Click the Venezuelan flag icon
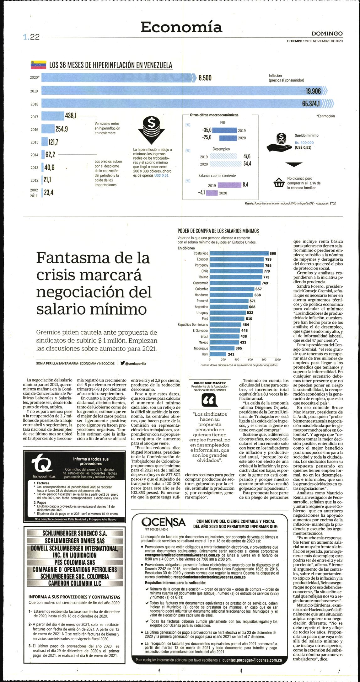tap(38, 65)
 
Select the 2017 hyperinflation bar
tap(53, 116)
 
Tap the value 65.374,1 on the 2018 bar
tap(311, 104)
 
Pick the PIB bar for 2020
tap(228, 138)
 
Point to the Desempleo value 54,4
tap(247, 164)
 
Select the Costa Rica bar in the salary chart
tap(239, 253)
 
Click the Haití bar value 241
tap(231, 354)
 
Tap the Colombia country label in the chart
tap(201, 289)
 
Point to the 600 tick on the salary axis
tap(250, 360)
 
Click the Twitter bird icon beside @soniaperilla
tap(122, 363)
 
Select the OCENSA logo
tap(163, 522)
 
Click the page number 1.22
tap(31, 37)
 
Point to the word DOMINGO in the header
tap(327, 34)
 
